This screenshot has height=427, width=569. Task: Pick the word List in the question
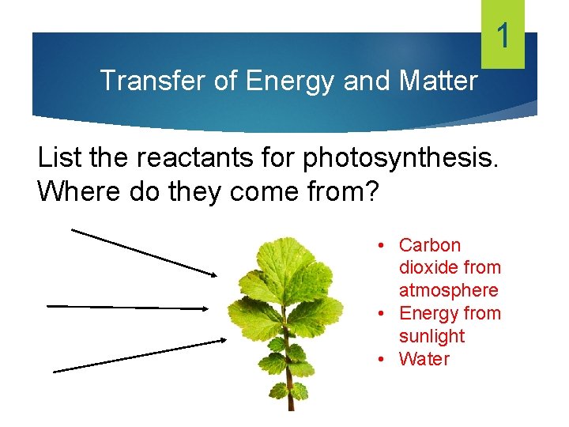click(58, 158)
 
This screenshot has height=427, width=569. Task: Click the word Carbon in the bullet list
click(430, 245)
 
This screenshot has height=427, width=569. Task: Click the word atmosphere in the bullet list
click(449, 291)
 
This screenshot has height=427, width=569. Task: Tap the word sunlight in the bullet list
click(431, 336)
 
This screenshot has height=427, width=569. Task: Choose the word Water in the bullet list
click(424, 359)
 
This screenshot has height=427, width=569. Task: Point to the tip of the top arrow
click(214, 274)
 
